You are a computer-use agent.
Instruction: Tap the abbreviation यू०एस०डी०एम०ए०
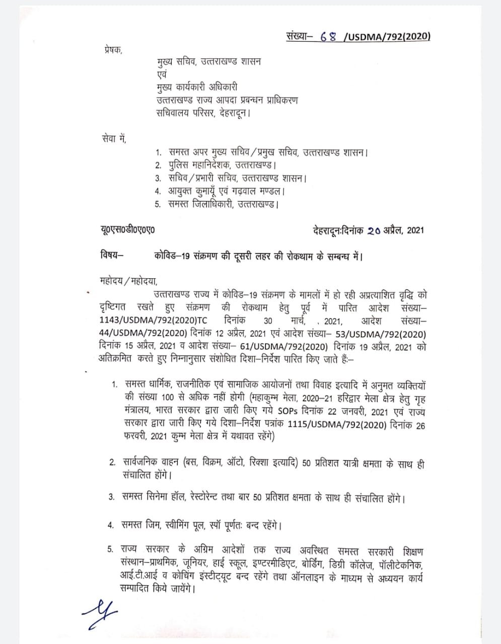pos(128,230)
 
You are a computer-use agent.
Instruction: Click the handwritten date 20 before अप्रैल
pos(374,230)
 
